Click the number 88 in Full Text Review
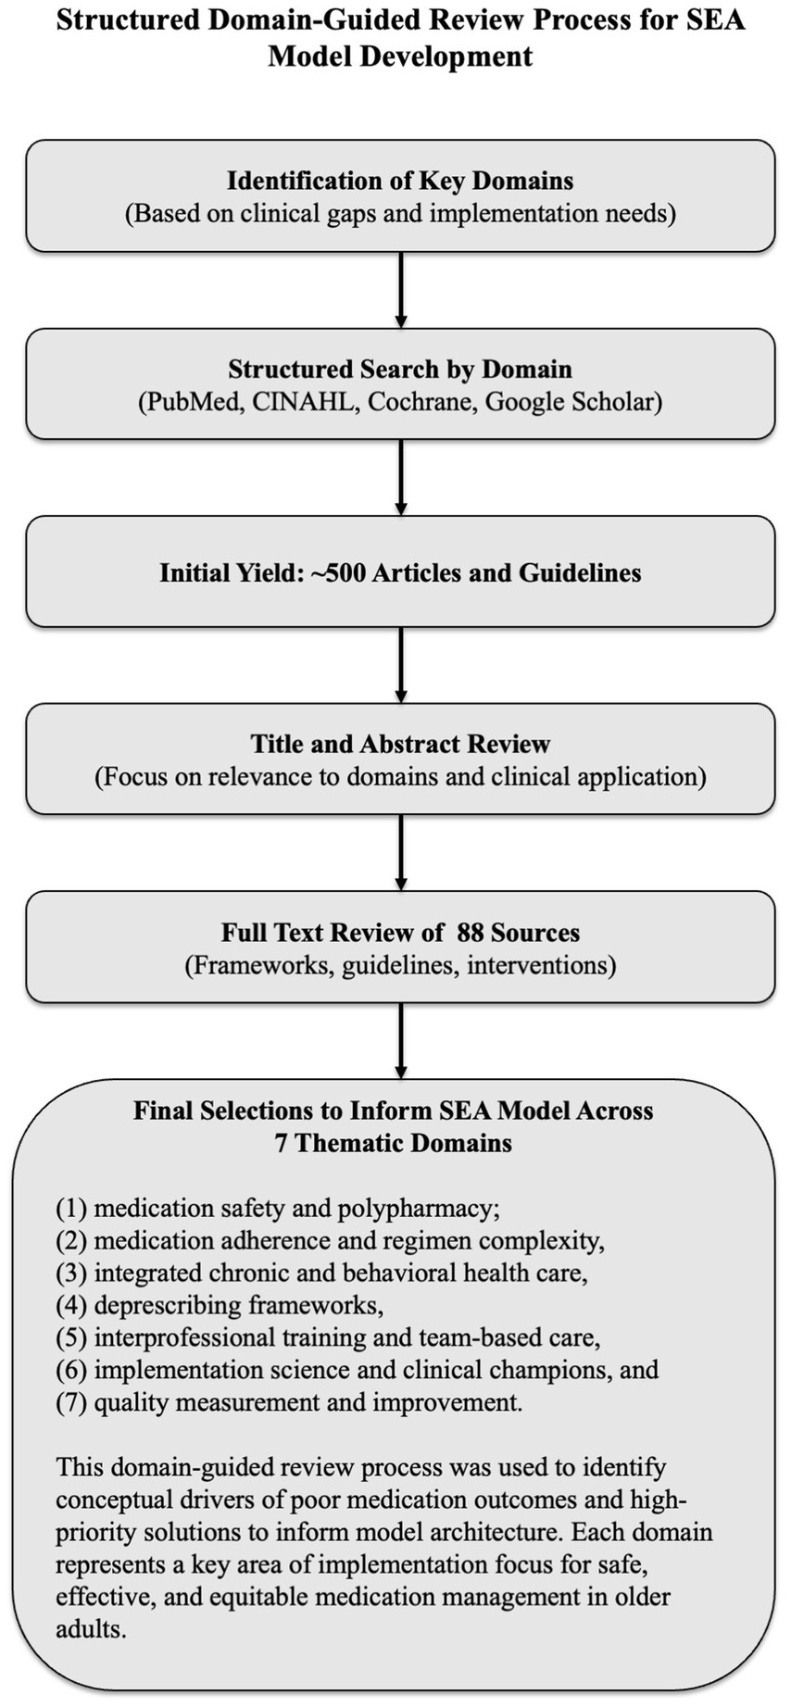click(471, 933)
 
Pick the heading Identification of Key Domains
click(400, 181)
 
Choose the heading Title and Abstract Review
click(400, 744)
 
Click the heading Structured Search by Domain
click(400, 370)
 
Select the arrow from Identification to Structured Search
click(400, 290)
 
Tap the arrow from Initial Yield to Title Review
click(400, 665)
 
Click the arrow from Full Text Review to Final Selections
click(400, 1040)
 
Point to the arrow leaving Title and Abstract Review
click(400, 852)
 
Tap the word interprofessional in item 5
click(176, 1338)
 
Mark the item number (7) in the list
click(71, 1403)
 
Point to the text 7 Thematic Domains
click(393, 1143)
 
